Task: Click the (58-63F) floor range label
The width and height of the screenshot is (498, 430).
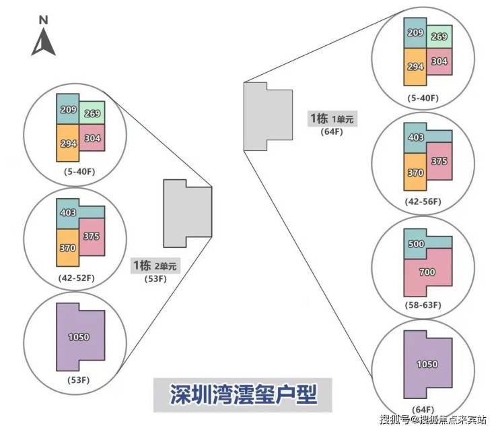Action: [x=424, y=305]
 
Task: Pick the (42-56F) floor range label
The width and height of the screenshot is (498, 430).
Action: [x=424, y=202]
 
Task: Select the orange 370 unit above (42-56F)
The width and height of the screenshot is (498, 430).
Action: [x=415, y=173]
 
